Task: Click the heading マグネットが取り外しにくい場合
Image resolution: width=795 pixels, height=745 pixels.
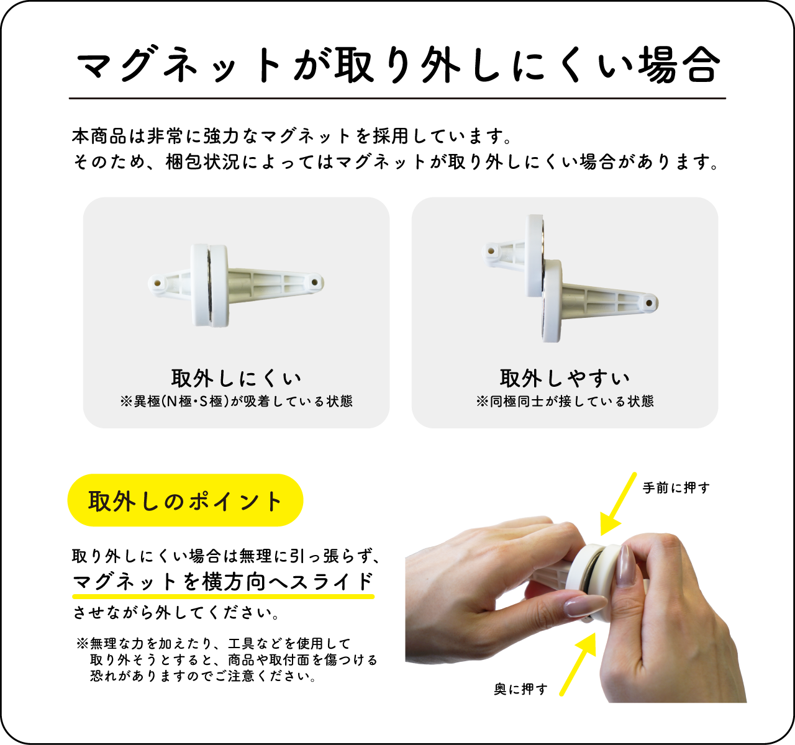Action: [x=397, y=64]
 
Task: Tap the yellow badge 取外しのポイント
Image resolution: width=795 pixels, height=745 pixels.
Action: [x=185, y=500]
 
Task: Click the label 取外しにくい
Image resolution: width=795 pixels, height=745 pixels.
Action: [x=236, y=378]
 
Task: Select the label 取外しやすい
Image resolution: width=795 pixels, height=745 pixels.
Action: [x=565, y=378]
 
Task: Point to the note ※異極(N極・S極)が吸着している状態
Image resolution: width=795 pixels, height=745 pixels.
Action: [x=236, y=401]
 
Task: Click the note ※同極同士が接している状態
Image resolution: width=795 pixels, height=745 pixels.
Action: [x=565, y=401]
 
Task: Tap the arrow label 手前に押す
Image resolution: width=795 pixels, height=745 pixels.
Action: [x=676, y=487]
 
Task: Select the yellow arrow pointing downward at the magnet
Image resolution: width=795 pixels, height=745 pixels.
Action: [x=617, y=504]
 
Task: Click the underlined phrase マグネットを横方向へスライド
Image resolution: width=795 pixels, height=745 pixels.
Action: [x=223, y=582]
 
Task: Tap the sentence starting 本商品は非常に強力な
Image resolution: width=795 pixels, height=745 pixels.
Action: [x=291, y=136]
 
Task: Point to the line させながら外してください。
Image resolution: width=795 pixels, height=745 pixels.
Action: [x=176, y=613]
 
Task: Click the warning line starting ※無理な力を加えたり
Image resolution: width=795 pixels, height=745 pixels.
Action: [x=214, y=644]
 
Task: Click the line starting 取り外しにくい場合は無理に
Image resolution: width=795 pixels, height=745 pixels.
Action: [x=225, y=556]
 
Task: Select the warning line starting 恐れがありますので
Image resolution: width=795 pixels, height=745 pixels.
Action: [x=203, y=677]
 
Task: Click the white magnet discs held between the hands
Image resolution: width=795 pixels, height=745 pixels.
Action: [x=594, y=577]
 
